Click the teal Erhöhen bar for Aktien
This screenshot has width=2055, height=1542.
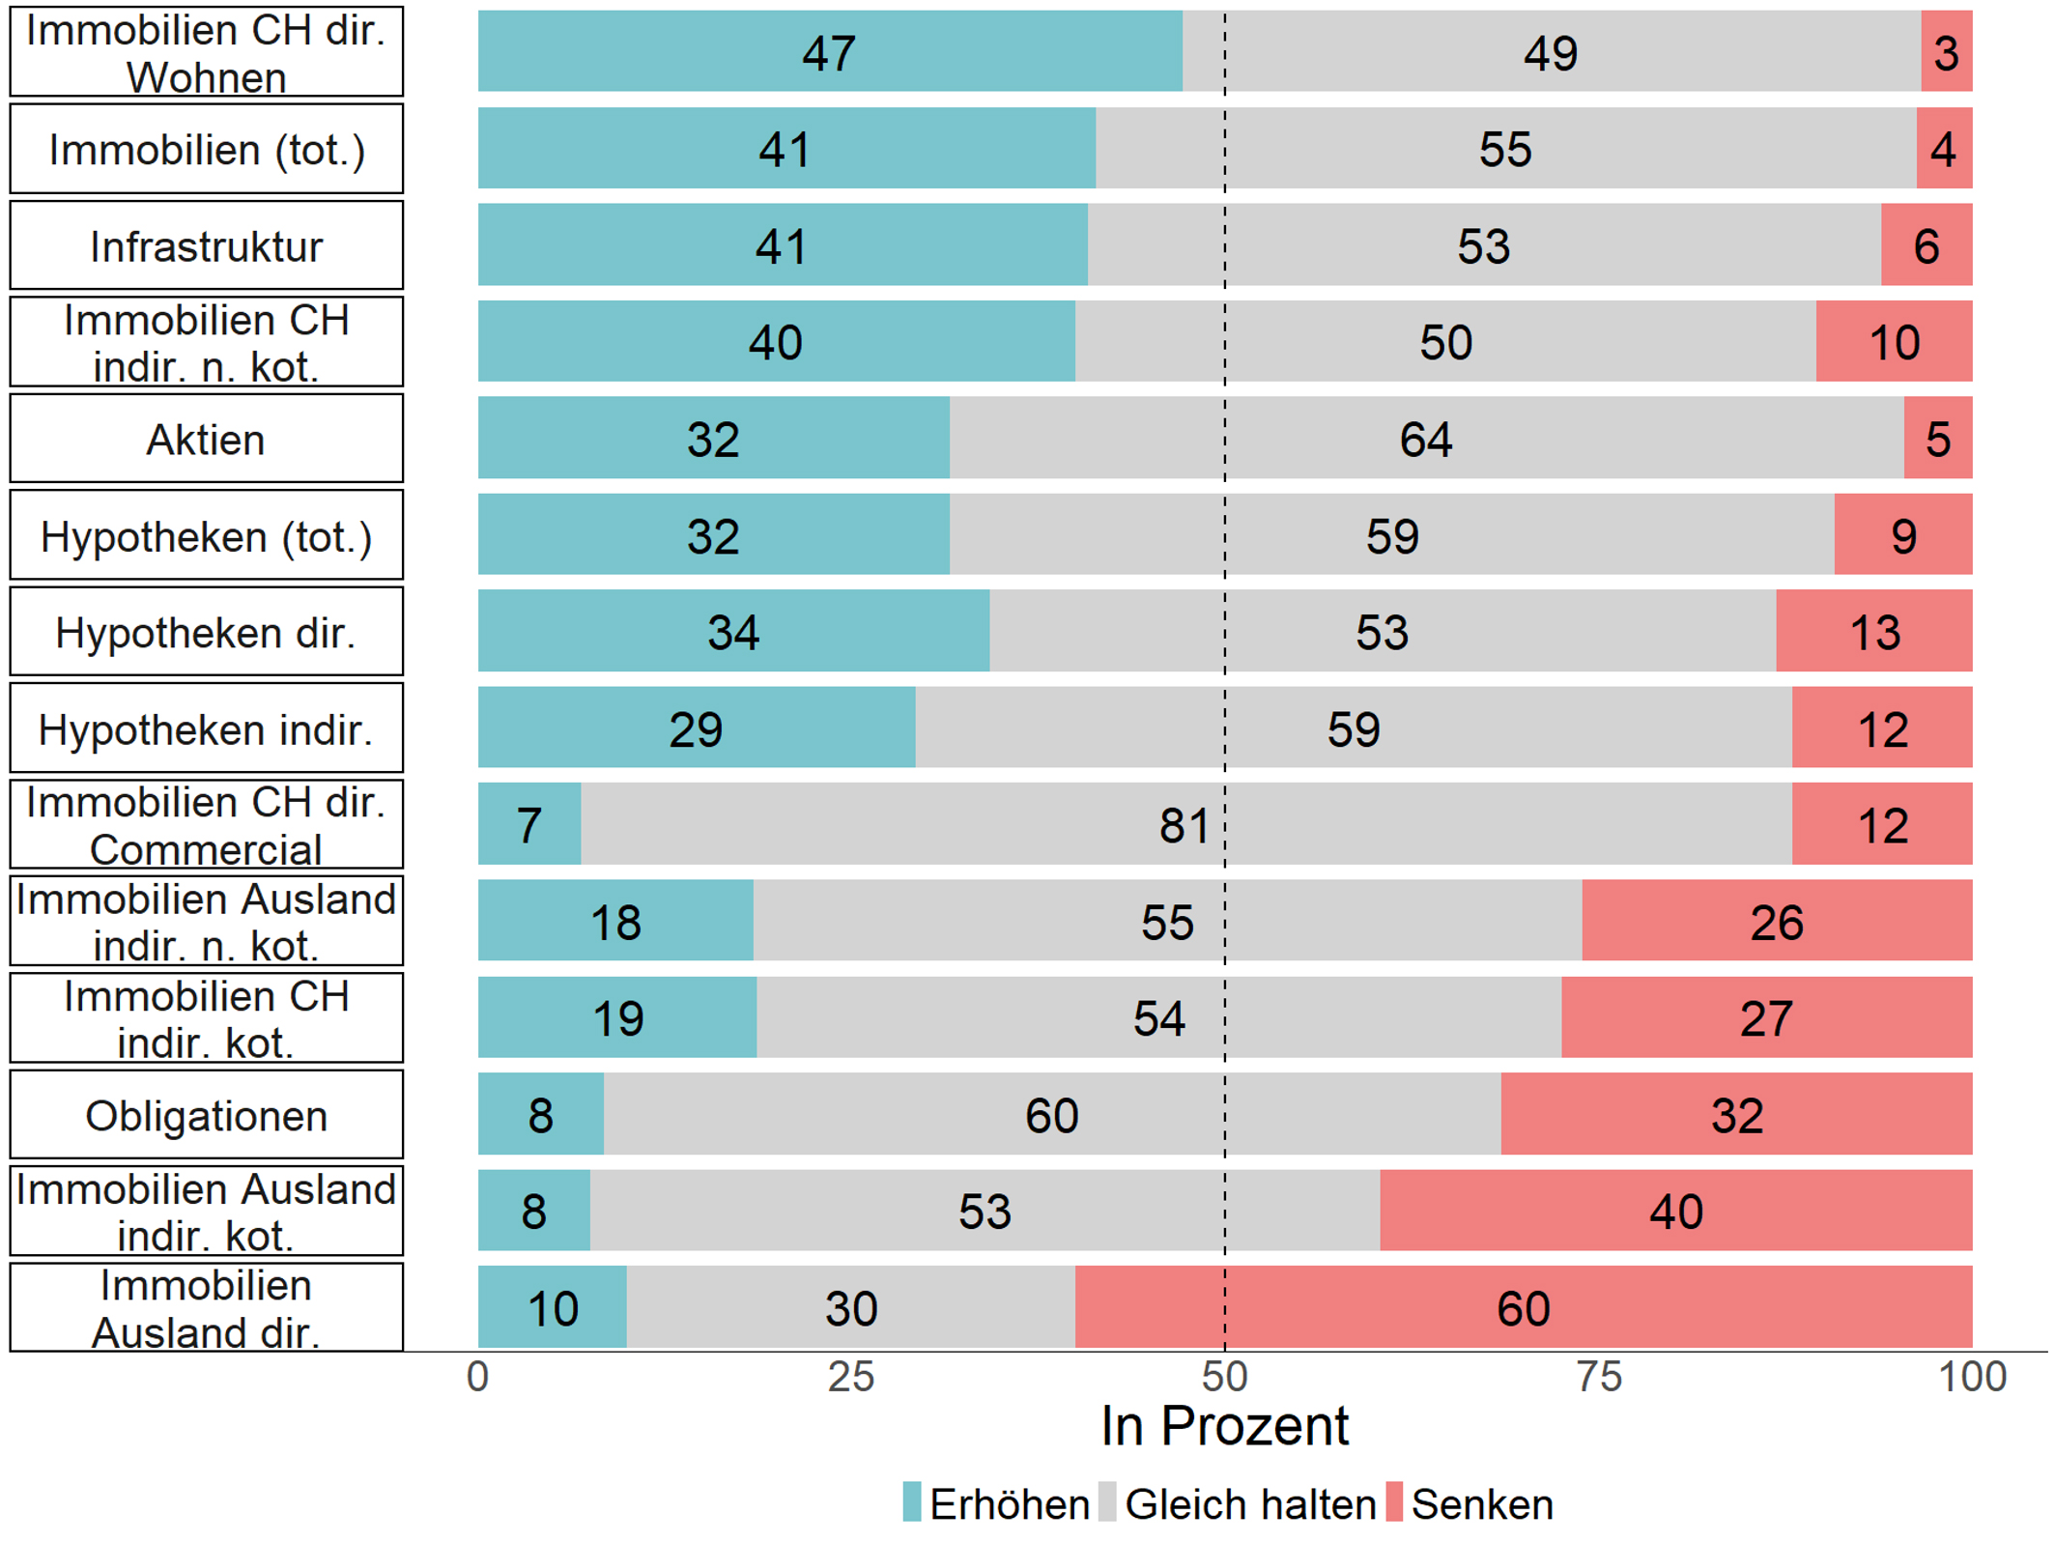(x=713, y=439)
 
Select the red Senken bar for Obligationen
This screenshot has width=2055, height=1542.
(x=1736, y=1115)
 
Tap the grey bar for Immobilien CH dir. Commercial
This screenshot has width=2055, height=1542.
(x=1185, y=825)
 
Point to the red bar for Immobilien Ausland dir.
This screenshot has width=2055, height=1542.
(x=1523, y=1308)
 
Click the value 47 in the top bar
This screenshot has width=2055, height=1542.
(x=829, y=53)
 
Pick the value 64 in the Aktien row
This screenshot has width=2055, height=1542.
(x=1425, y=440)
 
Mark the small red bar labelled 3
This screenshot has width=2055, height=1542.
(x=1946, y=52)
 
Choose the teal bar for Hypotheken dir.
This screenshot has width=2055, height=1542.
(x=733, y=632)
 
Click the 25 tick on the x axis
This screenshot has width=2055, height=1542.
(x=851, y=1377)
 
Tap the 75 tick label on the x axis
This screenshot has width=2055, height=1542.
(x=1599, y=1377)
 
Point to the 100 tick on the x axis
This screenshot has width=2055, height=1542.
(x=1972, y=1377)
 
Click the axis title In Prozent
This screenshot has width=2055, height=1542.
(x=1224, y=1426)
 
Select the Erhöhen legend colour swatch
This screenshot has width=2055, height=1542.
(x=912, y=1502)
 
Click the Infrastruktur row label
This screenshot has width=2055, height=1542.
(x=206, y=246)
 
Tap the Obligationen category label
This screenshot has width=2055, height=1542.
(x=206, y=1116)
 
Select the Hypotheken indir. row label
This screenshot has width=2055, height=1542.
(x=206, y=729)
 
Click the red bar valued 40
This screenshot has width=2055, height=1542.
(x=1675, y=1212)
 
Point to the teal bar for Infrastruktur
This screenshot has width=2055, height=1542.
(x=782, y=245)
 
